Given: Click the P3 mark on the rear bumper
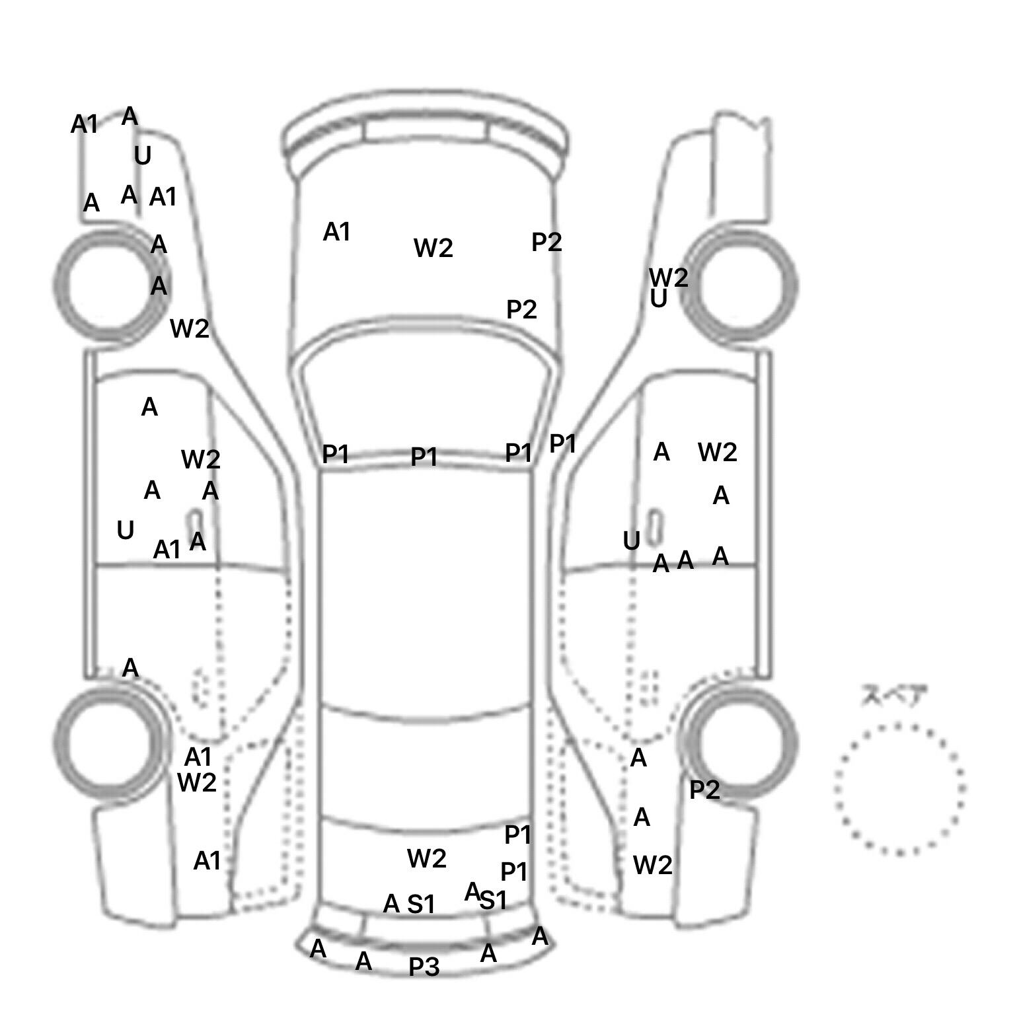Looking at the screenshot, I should (x=424, y=967).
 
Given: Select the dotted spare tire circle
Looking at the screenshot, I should (x=899, y=789).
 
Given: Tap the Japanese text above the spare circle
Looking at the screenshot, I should (x=893, y=696).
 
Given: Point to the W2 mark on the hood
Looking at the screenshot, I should (x=433, y=248).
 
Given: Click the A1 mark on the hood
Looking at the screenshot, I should (x=336, y=233).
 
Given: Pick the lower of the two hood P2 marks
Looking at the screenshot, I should (x=521, y=309).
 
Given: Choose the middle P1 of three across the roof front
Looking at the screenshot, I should (x=424, y=457).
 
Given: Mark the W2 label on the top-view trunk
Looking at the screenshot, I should (x=426, y=859).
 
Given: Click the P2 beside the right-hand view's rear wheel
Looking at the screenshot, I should (x=704, y=790).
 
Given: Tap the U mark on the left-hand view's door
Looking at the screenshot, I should (x=125, y=531).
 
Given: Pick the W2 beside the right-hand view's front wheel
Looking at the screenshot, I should (x=668, y=277).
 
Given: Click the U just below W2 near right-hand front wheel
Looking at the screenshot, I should (x=658, y=300).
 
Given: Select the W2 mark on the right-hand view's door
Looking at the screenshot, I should (x=717, y=453).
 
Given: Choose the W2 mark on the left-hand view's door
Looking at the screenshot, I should (x=200, y=459).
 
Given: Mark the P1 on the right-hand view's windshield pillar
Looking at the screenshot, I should (x=563, y=444).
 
